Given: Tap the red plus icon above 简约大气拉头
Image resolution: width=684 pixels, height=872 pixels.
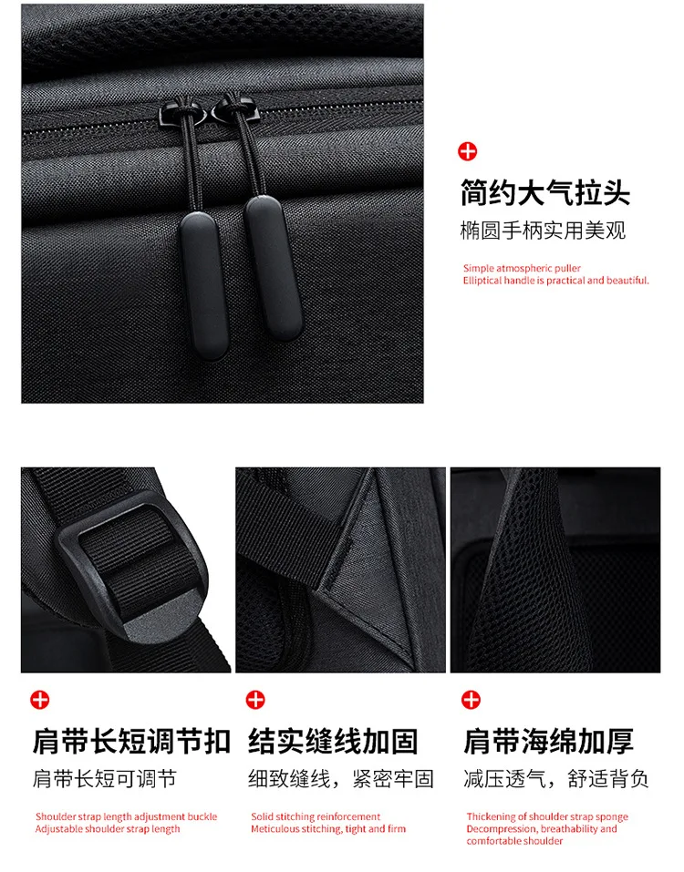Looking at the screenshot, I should coord(468,151).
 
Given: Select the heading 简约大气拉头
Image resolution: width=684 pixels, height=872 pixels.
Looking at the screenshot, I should coord(545,193).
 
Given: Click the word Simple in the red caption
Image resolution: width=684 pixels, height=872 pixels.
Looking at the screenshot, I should coord(479,268).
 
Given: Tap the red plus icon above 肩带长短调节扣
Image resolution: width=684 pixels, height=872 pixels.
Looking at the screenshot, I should coord(40,700).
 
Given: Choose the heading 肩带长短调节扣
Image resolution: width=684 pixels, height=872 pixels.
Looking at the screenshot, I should coord(131,741).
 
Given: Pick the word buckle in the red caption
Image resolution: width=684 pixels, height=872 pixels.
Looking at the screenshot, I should coord(202,816).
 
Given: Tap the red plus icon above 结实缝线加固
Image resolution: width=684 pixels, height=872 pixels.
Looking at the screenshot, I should coord(255,700).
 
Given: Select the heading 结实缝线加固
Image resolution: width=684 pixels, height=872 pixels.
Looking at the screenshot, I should coord(333,741).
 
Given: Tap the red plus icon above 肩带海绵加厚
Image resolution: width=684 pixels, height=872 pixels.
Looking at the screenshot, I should coord(471,700).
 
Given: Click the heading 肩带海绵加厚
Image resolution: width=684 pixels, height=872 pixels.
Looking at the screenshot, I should coord(548,741).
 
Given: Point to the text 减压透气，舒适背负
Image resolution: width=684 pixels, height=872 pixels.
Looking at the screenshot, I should coord(556,779).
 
